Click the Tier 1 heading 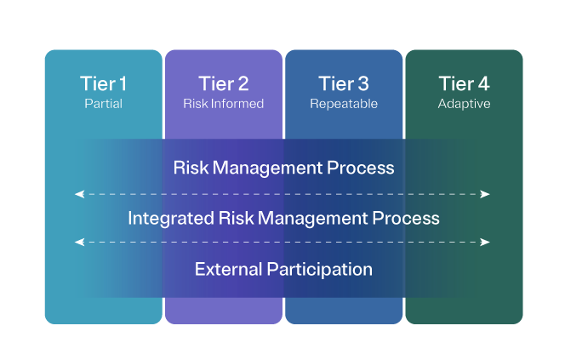pyautogui.click(x=103, y=83)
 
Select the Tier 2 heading pyautogui.click(x=224, y=83)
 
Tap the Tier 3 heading pyautogui.click(x=344, y=83)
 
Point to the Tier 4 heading pyautogui.click(x=464, y=83)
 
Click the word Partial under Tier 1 pyautogui.click(x=103, y=104)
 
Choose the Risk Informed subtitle pyautogui.click(x=224, y=104)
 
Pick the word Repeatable pyautogui.click(x=344, y=104)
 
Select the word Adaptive pyautogui.click(x=464, y=104)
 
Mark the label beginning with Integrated pyautogui.click(x=283, y=218)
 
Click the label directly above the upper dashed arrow pyautogui.click(x=283, y=167)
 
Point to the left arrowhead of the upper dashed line pyautogui.click(x=79, y=194)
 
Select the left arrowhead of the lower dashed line pyautogui.click(x=79, y=243)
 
